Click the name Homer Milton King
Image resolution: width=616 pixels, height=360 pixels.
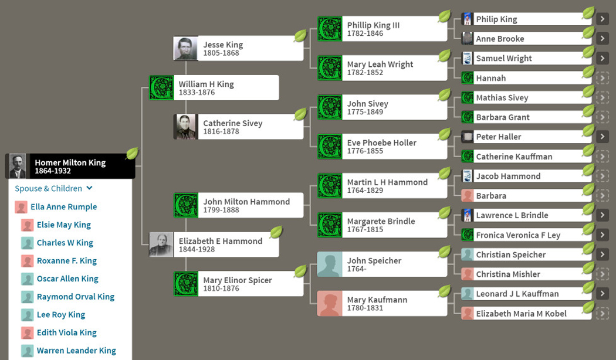pos(70,162)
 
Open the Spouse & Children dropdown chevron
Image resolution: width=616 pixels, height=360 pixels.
pos(89,188)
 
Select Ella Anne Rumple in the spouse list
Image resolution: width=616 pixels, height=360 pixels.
pos(63,206)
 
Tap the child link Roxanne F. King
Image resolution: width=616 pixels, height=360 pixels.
pos(66,260)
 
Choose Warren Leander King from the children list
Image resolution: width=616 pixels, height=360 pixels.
pos(76,351)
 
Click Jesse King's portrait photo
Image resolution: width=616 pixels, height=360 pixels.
pos(185,49)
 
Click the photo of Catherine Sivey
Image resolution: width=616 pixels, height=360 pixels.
pos(185,127)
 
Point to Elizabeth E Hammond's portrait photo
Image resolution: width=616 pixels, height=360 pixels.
pos(161,245)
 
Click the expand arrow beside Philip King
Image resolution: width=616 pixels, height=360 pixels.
pos(602,19)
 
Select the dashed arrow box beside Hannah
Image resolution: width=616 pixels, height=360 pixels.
pos(602,78)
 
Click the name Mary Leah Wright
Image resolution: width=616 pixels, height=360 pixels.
pos(380,64)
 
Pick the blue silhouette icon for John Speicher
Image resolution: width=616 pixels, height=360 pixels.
pos(329,264)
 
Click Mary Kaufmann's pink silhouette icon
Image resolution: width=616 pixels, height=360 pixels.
pos(329,304)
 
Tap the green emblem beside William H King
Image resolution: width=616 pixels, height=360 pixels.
pos(161,88)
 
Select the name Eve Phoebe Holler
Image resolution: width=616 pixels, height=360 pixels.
pos(381,142)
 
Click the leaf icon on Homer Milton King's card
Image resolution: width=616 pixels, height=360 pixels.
pos(132,154)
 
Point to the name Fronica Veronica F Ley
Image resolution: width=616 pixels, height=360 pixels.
pos(517,235)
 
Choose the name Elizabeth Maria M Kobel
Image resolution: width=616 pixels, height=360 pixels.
pos(521,314)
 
